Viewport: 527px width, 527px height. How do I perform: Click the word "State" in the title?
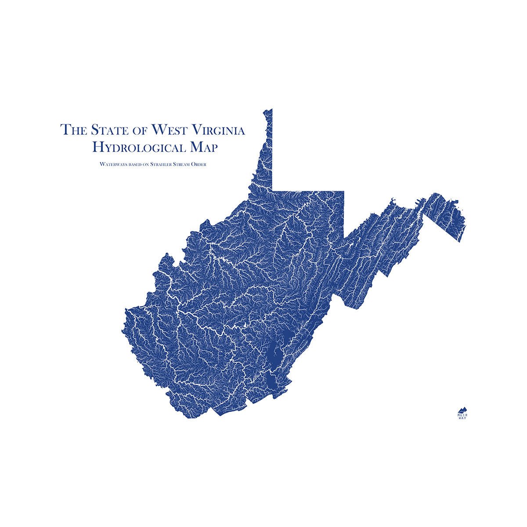[x=105, y=130]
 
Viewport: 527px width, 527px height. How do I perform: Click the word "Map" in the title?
[x=203, y=148]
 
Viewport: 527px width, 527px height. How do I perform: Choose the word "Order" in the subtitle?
[x=204, y=165]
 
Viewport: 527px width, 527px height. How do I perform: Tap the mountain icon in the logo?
[x=462, y=409]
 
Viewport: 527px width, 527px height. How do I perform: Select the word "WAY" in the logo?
[x=462, y=418]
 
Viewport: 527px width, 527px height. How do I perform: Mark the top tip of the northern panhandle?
[x=270, y=109]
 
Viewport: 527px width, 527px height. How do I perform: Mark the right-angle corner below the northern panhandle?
[x=273, y=190]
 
